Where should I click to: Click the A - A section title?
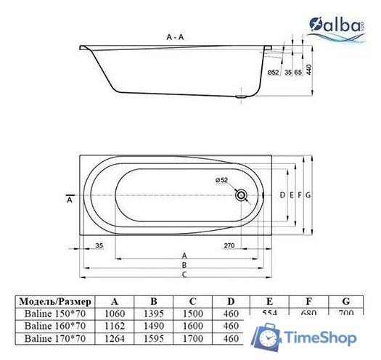coord(175,36)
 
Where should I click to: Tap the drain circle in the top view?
coord(242,195)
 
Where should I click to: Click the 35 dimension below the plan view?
coord(99,246)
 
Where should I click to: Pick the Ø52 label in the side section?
coord(274,72)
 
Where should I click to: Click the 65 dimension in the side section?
coord(298,72)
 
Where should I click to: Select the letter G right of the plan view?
coord(308,195)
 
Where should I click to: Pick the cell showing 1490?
coord(153,326)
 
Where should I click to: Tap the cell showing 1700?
coord(192,338)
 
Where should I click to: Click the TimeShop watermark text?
coord(319,338)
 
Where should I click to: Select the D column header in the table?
coord(230,301)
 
